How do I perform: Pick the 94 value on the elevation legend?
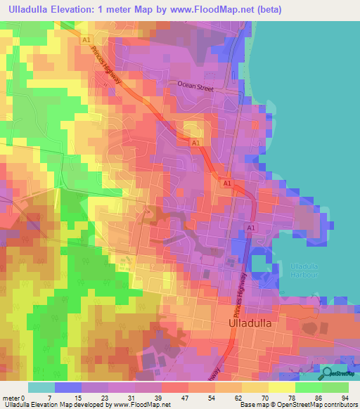click(345, 398)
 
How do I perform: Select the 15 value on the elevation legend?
click(78, 398)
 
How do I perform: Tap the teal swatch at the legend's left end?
click(41, 387)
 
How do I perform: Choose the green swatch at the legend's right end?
click(336, 387)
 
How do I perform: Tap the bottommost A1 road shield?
click(250, 227)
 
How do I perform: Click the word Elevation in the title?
click(82, 9)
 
